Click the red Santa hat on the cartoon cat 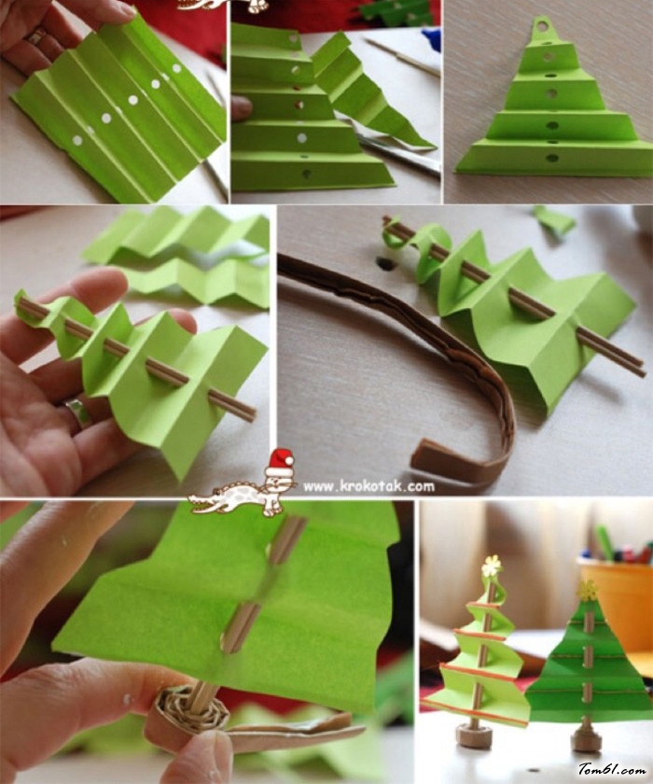click(280, 463)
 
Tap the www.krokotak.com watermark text click(368, 486)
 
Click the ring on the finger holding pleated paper click(36, 35)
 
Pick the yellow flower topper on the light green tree click(491, 566)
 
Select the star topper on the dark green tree click(587, 591)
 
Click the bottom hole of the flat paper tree click(552, 159)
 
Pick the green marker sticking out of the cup click(604, 541)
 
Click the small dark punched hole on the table click(384, 263)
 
